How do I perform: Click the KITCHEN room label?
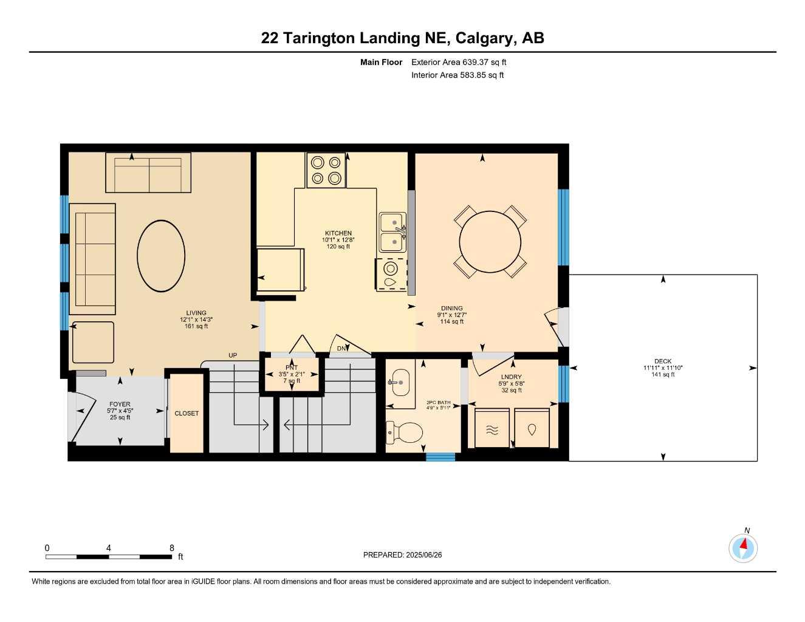click(338, 233)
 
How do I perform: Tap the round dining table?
click(490, 241)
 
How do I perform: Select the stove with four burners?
click(326, 170)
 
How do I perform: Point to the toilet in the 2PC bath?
click(406, 432)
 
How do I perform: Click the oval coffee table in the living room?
click(161, 256)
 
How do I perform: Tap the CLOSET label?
click(187, 413)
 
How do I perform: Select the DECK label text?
click(663, 361)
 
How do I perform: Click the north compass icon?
click(743, 548)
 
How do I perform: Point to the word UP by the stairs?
click(233, 355)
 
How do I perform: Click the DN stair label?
click(342, 349)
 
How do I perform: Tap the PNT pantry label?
click(292, 367)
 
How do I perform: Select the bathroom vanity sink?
click(399, 383)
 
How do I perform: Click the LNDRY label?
click(512, 377)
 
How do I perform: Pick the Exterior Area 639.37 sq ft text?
click(459, 62)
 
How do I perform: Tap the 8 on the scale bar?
click(172, 548)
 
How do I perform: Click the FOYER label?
click(120, 404)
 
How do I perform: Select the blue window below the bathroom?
click(440, 457)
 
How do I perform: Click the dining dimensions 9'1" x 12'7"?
click(451, 315)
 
